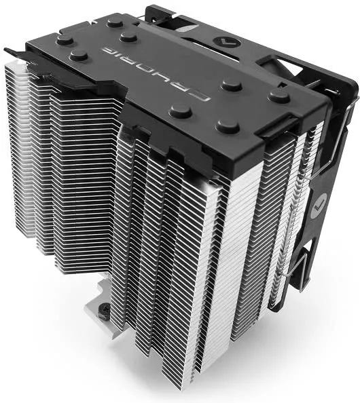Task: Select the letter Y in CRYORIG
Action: click(x=156, y=71)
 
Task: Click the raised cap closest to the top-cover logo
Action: click(x=232, y=85)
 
